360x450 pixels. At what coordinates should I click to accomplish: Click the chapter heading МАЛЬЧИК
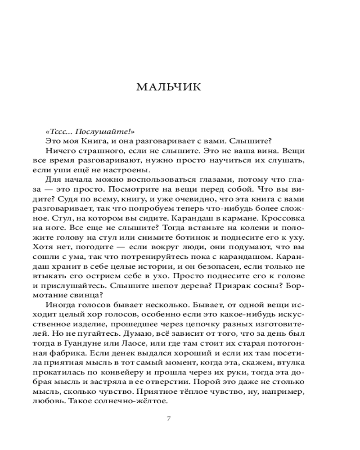[168, 87]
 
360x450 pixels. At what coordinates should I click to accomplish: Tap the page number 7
[168, 418]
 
